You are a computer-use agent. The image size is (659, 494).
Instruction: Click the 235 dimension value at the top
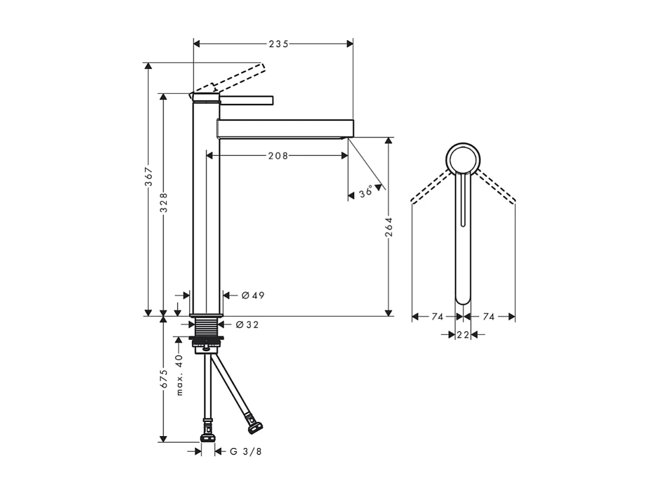pyautogui.click(x=278, y=44)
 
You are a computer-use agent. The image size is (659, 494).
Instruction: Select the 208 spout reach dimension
pyautogui.click(x=278, y=156)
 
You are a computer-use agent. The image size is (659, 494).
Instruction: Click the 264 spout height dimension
pyautogui.click(x=388, y=226)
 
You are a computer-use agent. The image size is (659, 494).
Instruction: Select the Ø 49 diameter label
pyautogui.click(x=253, y=295)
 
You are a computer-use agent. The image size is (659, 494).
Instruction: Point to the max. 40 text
pyautogui.click(x=180, y=375)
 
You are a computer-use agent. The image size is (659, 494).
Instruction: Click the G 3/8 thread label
pyautogui.click(x=245, y=452)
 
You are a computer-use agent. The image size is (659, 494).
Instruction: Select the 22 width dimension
pyautogui.click(x=463, y=335)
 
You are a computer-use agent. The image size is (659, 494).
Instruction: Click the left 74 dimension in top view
pyautogui.click(x=437, y=317)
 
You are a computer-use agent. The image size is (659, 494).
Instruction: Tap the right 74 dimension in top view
pyautogui.click(x=488, y=317)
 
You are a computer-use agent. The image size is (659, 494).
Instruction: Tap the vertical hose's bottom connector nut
pyautogui.click(x=208, y=438)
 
